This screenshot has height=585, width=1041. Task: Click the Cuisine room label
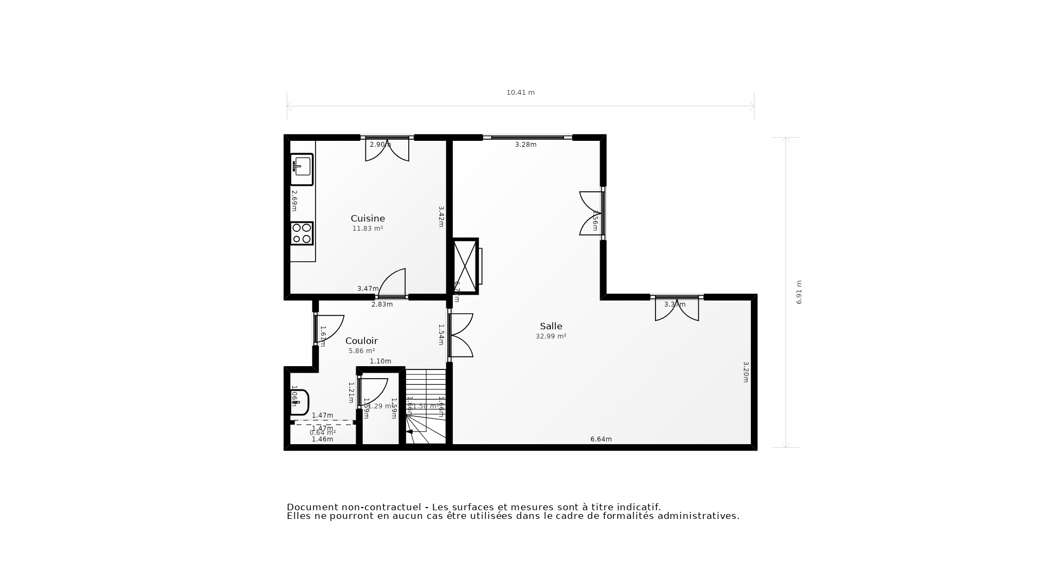point(368,218)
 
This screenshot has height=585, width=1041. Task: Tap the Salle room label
point(551,326)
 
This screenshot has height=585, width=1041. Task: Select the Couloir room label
point(361,341)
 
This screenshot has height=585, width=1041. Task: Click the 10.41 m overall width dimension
point(520,93)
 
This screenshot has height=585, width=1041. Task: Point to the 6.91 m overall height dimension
point(799,292)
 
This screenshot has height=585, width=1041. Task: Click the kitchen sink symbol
point(301,169)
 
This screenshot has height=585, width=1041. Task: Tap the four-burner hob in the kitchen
point(301,233)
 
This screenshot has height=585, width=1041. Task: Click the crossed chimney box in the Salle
point(465,266)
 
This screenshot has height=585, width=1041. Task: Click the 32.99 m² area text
point(551,336)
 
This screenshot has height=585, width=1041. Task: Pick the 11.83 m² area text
point(368,229)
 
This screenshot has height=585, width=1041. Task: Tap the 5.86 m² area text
point(362,351)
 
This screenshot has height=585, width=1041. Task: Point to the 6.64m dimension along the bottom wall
point(601,439)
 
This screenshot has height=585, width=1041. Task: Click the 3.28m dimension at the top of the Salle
point(525,145)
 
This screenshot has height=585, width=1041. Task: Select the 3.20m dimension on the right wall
point(746,372)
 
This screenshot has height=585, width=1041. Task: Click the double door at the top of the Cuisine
point(387,149)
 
